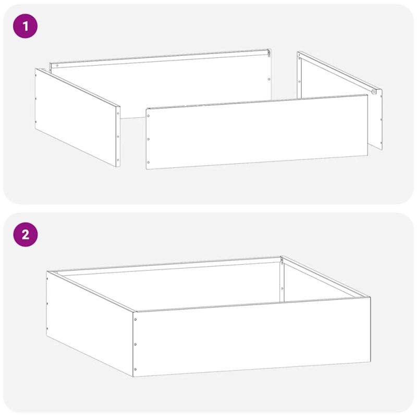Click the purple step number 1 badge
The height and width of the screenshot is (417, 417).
(25, 26)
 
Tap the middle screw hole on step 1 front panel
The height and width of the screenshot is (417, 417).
(149, 139)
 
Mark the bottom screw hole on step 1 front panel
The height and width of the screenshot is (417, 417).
(148, 162)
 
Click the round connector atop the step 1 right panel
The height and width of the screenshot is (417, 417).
(374, 91)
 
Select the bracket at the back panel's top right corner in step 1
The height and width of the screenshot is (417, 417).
(269, 53)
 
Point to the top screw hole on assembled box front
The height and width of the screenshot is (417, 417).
(136, 320)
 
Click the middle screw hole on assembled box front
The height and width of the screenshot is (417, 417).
(136, 344)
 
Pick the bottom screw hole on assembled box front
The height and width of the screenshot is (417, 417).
(135, 369)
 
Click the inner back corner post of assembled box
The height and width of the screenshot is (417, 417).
(281, 281)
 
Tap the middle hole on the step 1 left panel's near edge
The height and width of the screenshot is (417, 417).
(118, 137)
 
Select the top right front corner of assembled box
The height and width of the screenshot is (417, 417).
(370, 297)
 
